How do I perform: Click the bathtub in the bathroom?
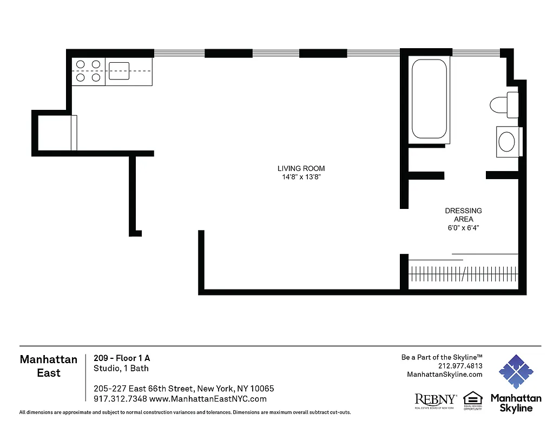point(429,99)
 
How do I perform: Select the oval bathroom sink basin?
point(507,142)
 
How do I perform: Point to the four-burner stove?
point(88,71)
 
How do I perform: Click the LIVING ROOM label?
point(301,168)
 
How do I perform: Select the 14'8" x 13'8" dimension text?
point(301,177)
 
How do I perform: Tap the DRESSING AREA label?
point(463,215)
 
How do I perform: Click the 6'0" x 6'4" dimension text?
point(463,228)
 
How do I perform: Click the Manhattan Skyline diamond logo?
point(516,372)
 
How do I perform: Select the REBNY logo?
point(435,400)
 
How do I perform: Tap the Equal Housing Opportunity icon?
point(472,401)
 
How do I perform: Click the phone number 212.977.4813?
point(460,365)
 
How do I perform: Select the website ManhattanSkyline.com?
point(444,374)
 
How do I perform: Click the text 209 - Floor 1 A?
point(122,358)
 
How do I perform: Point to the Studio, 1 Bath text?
point(121,368)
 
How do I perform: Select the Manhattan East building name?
point(49,366)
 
